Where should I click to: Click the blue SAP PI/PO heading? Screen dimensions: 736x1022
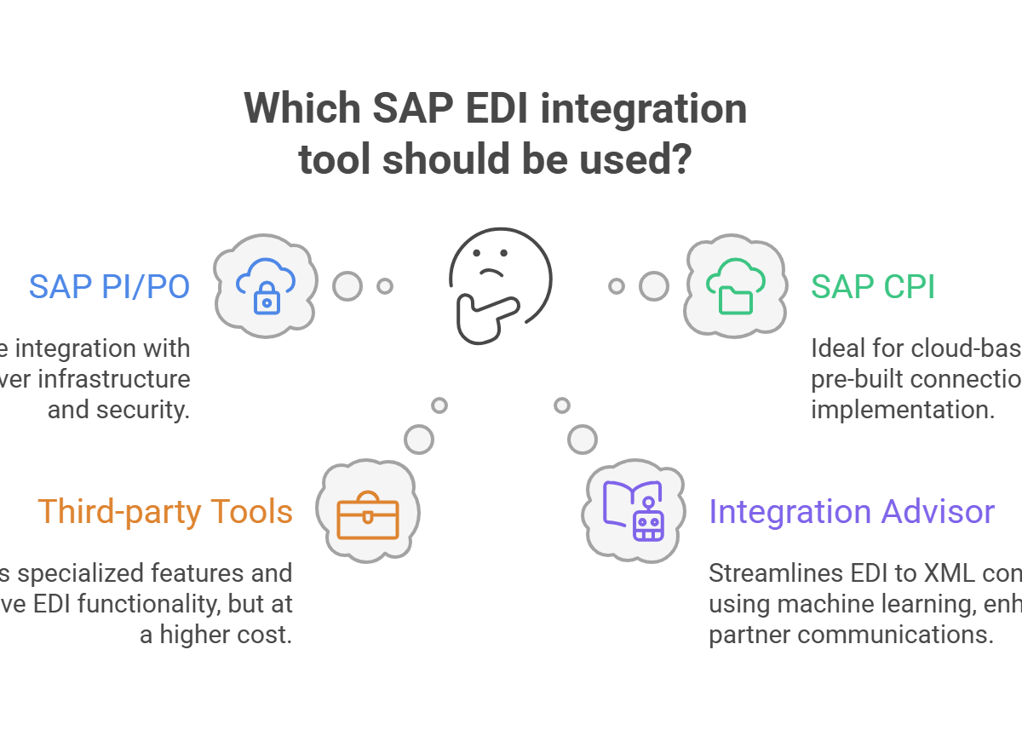[x=109, y=287]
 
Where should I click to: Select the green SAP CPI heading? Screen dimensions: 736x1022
[x=872, y=287]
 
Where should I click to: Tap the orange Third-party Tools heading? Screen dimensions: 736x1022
[x=165, y=512]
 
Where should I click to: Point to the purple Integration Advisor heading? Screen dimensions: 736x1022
[x=852, y=512]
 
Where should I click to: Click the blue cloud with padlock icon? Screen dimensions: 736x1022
[x=265, y=285]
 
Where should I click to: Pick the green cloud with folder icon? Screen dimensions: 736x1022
[x=734, y=285]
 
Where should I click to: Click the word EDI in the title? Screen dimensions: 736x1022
[x=474, y=109]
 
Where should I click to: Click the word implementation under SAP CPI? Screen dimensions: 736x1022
[x=902, y=410]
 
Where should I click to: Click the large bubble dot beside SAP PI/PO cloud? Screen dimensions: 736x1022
[x=347, y=286]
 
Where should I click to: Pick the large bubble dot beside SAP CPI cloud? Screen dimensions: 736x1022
[x=654, y=286]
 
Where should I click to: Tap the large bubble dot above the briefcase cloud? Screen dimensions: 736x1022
[x=418, y=439]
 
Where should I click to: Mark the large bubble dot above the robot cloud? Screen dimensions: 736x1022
[x=583, y=439]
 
